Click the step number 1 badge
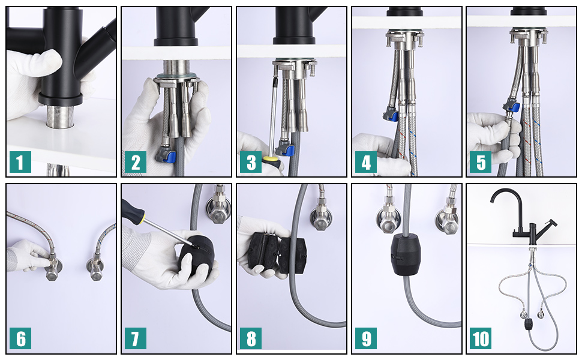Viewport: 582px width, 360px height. pyautogui.click(x=20, y=161)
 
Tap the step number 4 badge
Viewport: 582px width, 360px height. pyautogui.click(x=365, y=161)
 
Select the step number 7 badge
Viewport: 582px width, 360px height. pyautogui.click(x=135, y=338)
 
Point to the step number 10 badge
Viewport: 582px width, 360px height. pyautogui.click(x=480, y=338)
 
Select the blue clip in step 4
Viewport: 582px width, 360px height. pyautogui.click(x=394, y=116)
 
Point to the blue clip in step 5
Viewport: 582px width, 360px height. pyautogui.click(x=515, y=107)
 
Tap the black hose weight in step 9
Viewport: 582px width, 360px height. pyautogui.click(x=407, y=254)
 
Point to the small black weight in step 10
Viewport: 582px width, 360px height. pyautogui.click(x=529, y=324)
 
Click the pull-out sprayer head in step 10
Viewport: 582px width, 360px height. pyautogui.click(x=550, y=224)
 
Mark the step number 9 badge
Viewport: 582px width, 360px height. pyautogui.click(x=365, y=338)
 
